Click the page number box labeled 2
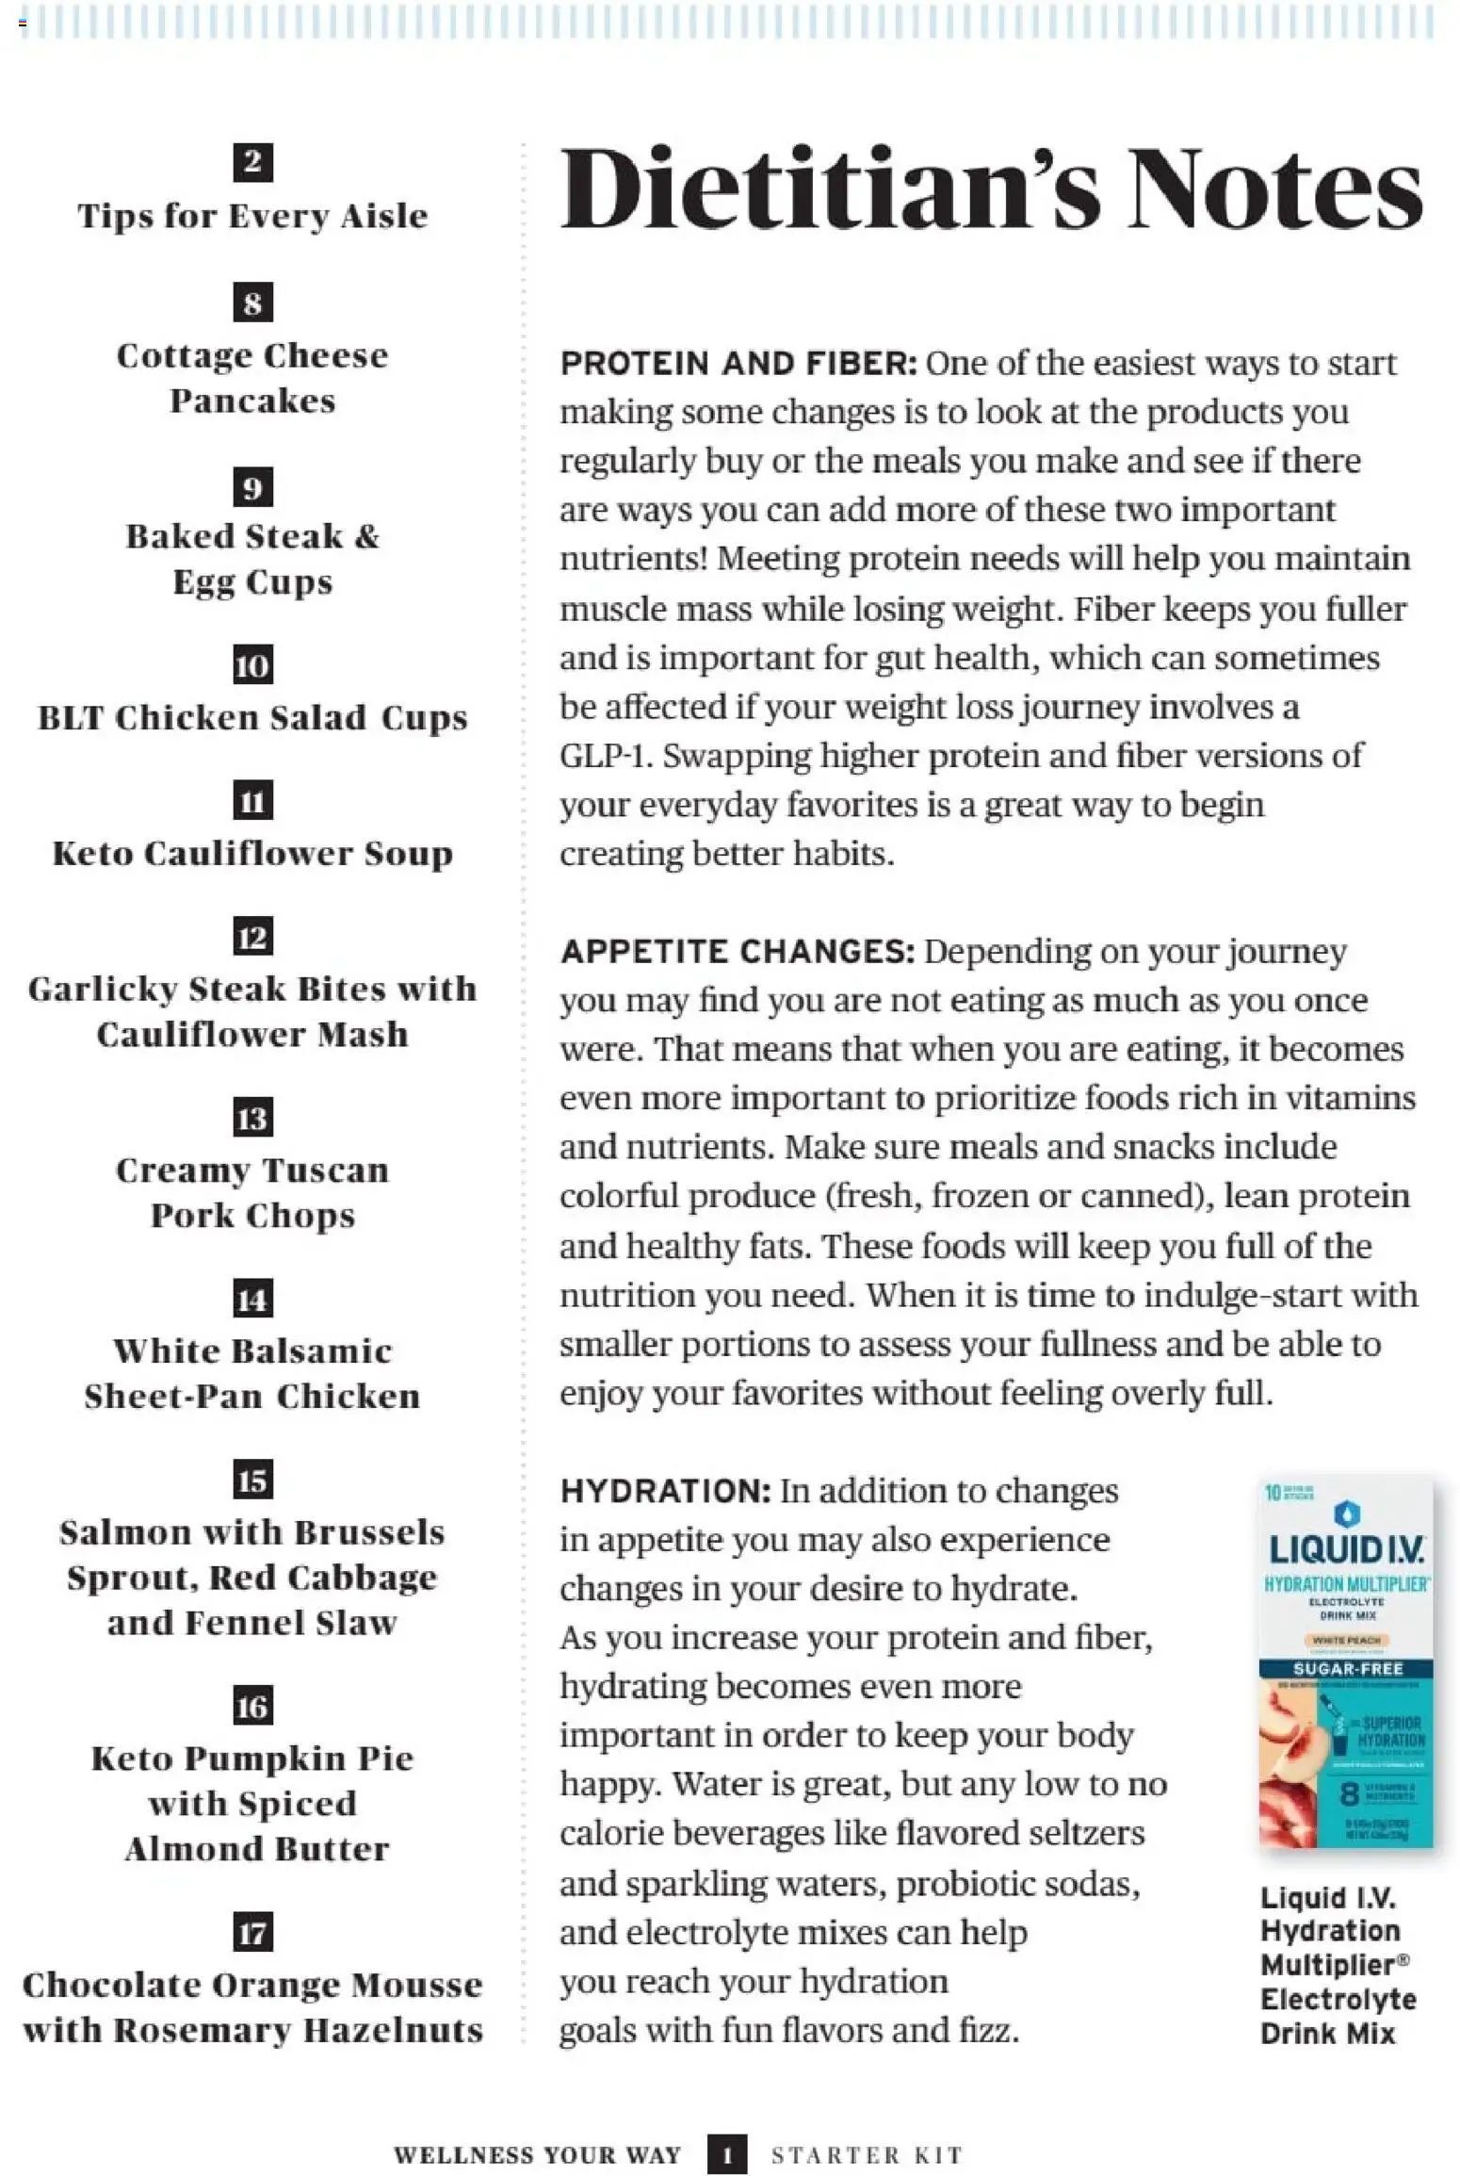[x=252, y=162]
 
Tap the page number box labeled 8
[x=252, y=303]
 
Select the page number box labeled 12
[x=252, y=937]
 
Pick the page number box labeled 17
[x=252, y=1933]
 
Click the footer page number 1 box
[x=726, y=2154]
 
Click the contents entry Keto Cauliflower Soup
[x=252, y=854]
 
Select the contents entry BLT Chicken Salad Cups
[x=252, y=718]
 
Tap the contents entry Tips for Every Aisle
[x=252, y=216]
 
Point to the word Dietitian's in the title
[x=830, y=188]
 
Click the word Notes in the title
[x=1275, y=188]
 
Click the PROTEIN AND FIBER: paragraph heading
[x=738, y=364]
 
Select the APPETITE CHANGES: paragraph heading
[x=737, y=952]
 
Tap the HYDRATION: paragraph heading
[x=665, y=1491]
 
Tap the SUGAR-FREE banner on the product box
[x=1347, y=1669]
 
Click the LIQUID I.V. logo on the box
[x=1346, y=1546]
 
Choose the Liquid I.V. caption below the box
[x=1338, y=1965]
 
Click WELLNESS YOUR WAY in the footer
[x=537, y=2155]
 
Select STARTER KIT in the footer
[x=867, y=2155]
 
